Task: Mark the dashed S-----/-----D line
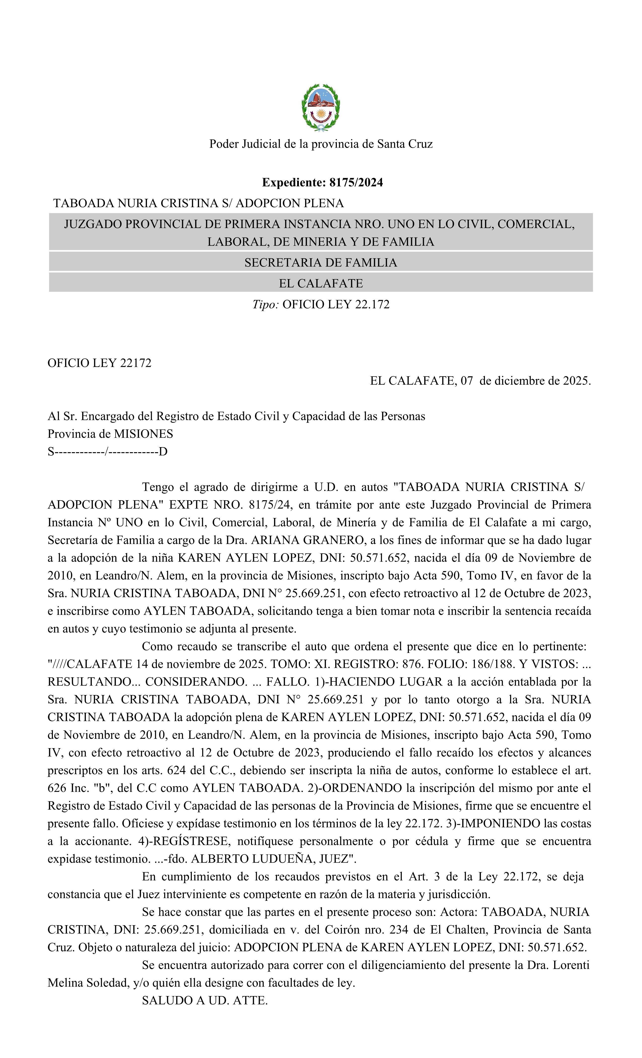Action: (107, 452)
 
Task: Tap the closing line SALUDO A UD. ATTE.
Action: (205, 1001)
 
